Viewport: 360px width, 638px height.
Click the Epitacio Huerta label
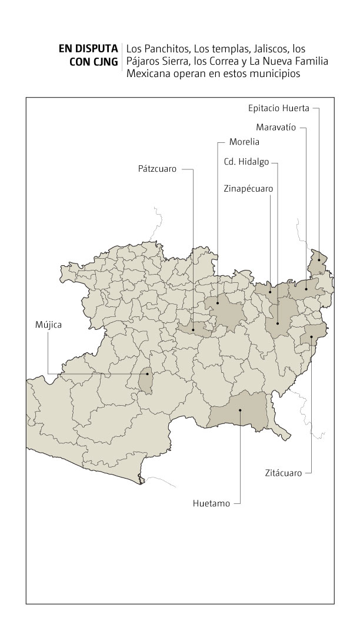(x=278, y=108)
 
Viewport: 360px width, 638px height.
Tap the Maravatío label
(x=275, y=126)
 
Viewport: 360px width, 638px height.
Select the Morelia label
(x=244, y=142)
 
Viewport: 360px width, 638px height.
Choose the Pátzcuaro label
(x=157, y=169)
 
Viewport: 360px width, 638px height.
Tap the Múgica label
(x=48, y=323)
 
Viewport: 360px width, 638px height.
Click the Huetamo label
(x=211, y=503)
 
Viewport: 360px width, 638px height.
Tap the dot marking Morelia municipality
(x=217, y=303)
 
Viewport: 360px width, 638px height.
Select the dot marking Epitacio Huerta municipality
(x=319, y=259)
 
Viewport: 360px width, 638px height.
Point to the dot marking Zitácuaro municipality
(x=311, y=337)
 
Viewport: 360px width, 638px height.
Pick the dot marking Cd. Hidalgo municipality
(x=278, y=323)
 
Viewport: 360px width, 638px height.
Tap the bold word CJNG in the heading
(x=105, y=61)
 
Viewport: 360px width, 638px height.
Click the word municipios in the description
(x=276, y=74)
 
